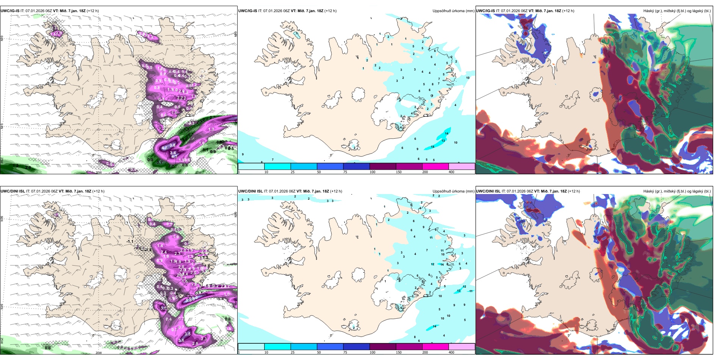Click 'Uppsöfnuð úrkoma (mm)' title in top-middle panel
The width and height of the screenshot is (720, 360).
[453, 11]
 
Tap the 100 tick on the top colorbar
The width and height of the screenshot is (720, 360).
[373, 172]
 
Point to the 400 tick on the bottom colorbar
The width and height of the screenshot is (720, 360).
[451, 352]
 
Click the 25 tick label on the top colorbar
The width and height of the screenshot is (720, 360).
[292, 172]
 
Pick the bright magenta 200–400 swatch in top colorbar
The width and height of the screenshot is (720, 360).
[435, 166]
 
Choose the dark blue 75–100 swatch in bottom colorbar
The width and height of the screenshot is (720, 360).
[356, 347]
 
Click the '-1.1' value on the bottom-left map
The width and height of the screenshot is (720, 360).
[130, 241]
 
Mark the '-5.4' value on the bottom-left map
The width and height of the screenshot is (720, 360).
[221, 299]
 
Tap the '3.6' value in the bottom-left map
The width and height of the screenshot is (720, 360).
[181, 340]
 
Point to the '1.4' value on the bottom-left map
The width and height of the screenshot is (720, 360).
[160, 246]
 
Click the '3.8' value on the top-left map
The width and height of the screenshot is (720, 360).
[172, 145]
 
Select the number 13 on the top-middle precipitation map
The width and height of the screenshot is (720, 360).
[443, 141]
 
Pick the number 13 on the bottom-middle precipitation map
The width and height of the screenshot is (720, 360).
[459, 291]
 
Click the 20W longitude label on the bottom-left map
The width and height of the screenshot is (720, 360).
[99, 353]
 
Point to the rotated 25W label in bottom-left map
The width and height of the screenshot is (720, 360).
[2, 341]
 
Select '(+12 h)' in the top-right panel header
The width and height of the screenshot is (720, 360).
[568, 11]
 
